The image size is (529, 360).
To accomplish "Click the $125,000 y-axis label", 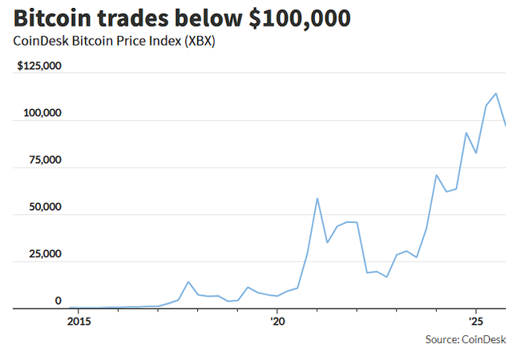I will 40,66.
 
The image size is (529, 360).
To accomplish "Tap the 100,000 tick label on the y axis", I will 42,113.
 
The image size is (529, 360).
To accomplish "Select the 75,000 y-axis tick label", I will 45,160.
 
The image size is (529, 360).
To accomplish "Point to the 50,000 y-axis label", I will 45,207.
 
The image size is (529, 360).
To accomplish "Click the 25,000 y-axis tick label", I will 45,254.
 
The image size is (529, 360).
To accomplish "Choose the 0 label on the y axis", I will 58,301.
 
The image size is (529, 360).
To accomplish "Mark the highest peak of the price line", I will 496,94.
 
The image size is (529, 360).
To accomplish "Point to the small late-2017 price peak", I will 188,281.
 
